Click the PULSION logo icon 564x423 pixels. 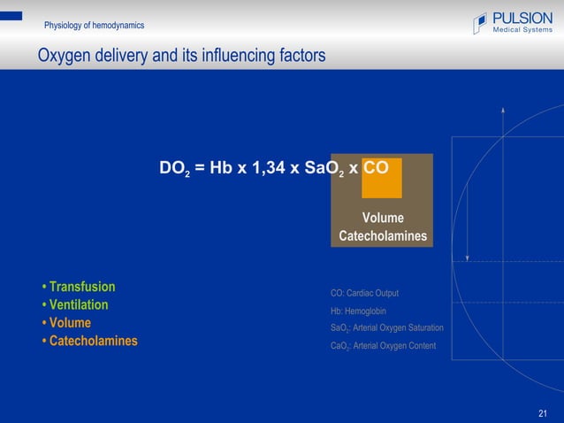tap(480, 23)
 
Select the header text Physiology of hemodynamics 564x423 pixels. tap(95, 25)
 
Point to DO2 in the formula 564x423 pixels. tap(174, 169)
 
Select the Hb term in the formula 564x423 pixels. tap(221, 168)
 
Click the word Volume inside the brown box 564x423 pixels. tap(383, 218)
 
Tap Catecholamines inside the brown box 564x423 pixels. tap(383, 236)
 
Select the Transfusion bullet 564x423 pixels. tap(79, 287)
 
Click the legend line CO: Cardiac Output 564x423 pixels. tap(364, 293)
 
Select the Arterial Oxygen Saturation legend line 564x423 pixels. tap(386, 328)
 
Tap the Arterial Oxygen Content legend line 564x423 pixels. tap(383, 346)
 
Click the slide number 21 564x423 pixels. tap(543, 413)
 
